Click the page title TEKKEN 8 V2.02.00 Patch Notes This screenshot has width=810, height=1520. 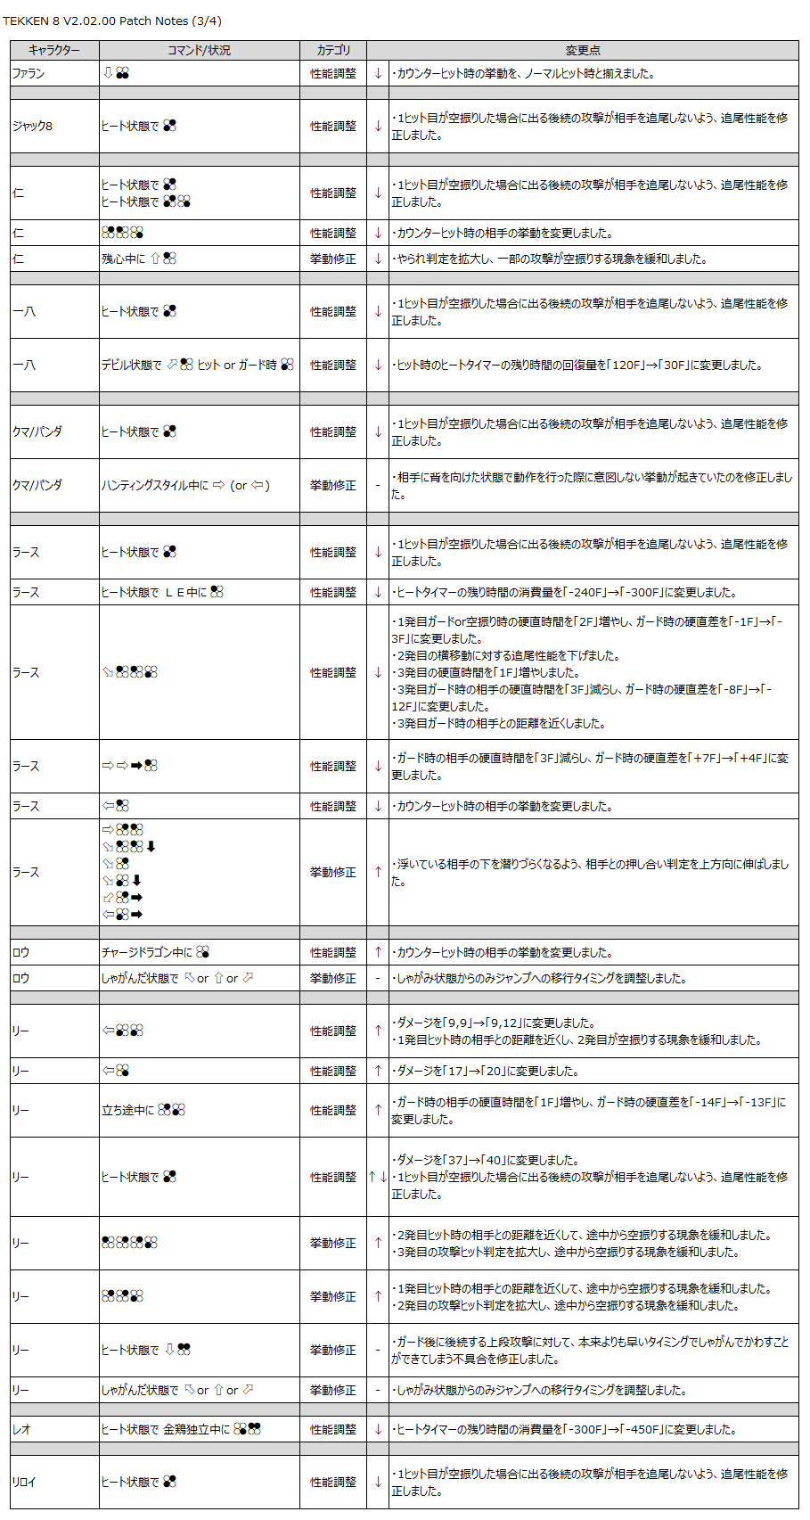(112, 21)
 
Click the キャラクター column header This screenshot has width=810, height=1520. (54, 51)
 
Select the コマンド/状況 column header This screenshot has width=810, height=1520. (199, 51)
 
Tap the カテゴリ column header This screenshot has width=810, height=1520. (333, 51)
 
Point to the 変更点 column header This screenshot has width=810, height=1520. (583, 51)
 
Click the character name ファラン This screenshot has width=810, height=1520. (29, 73)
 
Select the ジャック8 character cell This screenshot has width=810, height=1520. (33, 127)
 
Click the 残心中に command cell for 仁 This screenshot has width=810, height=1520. (139, 259)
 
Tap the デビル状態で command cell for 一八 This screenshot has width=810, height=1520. (197, 365)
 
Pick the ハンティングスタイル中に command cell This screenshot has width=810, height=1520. (185, 485)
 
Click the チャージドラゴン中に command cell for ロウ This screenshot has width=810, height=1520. (155, 952)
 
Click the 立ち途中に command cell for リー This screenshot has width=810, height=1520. (143, 1110)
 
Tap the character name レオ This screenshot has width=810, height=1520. (21, 1429)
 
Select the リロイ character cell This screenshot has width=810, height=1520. (24, 1482)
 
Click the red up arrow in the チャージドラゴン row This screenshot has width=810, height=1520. (378, 952)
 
